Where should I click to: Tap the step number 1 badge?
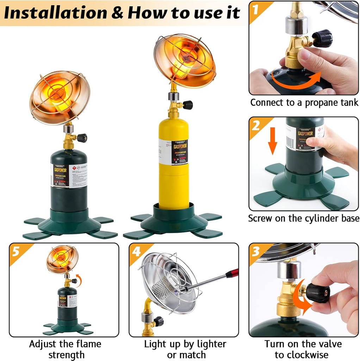point(256,9)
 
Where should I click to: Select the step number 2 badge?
point(256,126)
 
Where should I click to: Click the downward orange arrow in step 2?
point(273,145)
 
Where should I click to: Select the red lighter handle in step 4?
point(232,273)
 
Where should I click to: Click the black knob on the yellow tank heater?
point(187,105)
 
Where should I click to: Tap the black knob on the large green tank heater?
point(82,138)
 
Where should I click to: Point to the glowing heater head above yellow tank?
point(184,60)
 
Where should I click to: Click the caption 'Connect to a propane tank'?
point(304,103)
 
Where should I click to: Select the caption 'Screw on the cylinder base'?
point(304,218)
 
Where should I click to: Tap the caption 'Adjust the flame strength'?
point(65,349)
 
